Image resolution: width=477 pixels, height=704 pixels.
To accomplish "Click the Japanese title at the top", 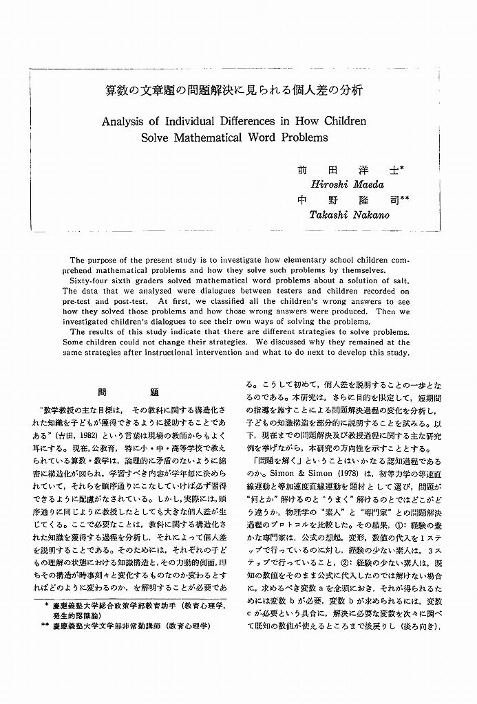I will pyautogui.click(x=234, y=90).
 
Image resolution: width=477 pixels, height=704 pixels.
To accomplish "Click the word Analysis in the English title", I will pyautogui.click(x=126, y=121).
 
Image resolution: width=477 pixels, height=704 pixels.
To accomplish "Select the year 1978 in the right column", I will pyautogui.click(x=337, y=474).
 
